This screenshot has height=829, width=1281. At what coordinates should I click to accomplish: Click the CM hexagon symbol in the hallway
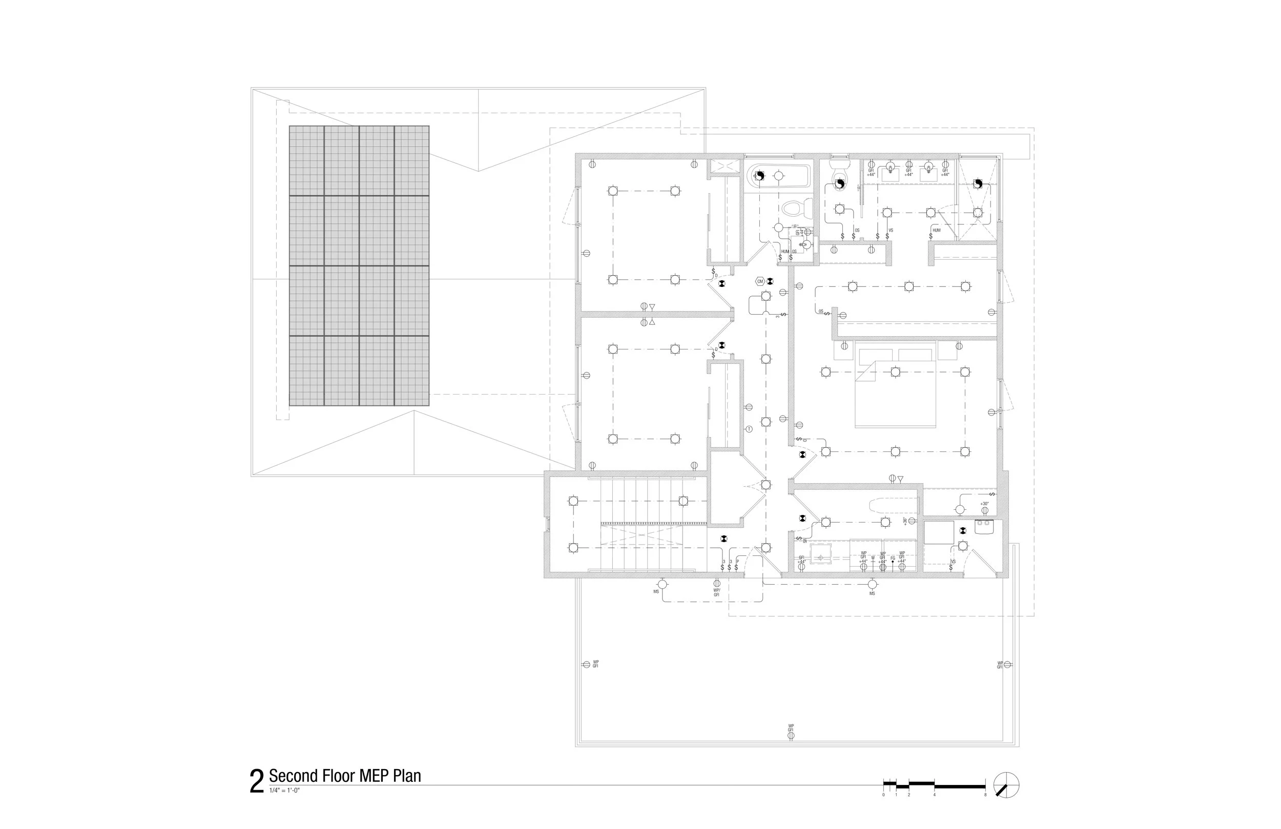760,281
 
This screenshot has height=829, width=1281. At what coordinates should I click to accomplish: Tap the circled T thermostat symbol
749,429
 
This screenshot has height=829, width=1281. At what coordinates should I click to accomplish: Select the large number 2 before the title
257,782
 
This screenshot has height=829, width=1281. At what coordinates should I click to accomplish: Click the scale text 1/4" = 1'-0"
284,790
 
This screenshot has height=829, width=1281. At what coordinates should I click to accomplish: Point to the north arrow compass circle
1006,785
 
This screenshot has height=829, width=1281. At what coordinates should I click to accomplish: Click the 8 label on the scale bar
985,795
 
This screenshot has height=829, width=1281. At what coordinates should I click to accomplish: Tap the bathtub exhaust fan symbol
759,176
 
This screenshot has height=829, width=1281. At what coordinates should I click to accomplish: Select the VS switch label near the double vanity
891,231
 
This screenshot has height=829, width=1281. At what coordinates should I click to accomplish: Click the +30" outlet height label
984,504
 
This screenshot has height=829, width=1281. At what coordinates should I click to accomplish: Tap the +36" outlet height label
905,521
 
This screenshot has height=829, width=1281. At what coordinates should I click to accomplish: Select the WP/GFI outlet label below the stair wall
716,592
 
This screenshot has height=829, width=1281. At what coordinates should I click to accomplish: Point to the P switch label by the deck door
737,562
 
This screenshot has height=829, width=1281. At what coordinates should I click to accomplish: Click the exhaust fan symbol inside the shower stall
978,184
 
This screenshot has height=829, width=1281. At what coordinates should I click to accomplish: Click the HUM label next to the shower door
937,231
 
